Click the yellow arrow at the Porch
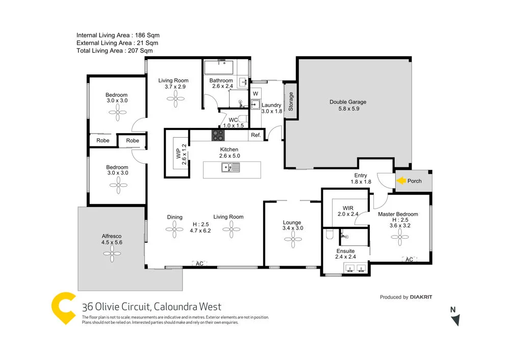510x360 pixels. point(401,181)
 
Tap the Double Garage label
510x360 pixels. point(348,102)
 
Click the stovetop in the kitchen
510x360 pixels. point(218,135)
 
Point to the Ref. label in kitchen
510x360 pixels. point(256,136)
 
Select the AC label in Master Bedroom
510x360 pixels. point(409,260)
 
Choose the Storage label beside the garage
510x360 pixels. point(291,101)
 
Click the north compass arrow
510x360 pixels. point(455,320)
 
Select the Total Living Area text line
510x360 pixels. point(114,50)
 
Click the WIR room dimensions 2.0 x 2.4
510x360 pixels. point(348,214)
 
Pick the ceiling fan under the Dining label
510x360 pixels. point(175,230)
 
